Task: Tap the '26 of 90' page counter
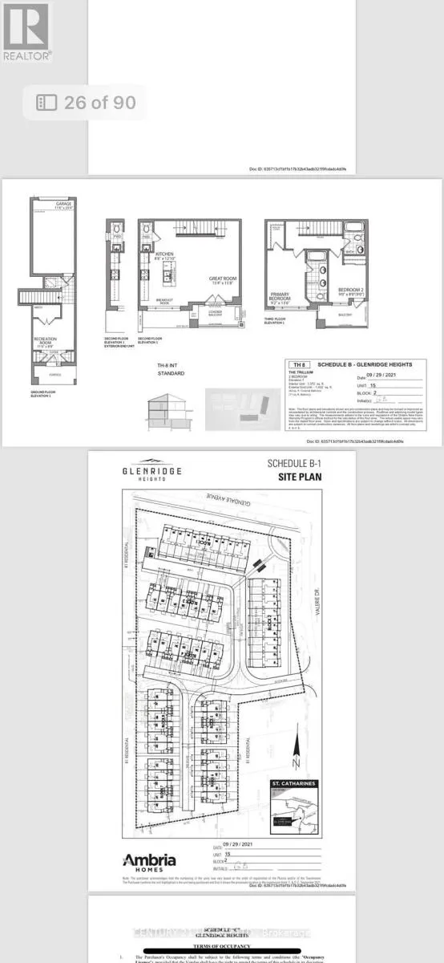point(87,103)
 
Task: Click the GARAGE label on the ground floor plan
point(63,205)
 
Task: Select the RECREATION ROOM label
point(45,342)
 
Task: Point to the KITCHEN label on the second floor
point(164,254)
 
